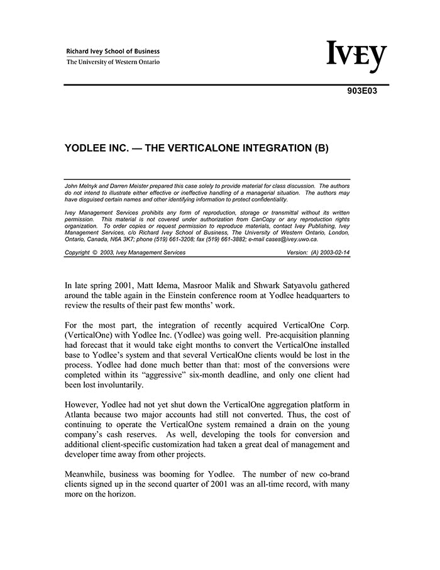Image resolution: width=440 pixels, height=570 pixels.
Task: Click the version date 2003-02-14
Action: click(x=333, y=253)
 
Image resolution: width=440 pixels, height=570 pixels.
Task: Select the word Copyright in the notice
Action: click(x=78, y=253)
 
